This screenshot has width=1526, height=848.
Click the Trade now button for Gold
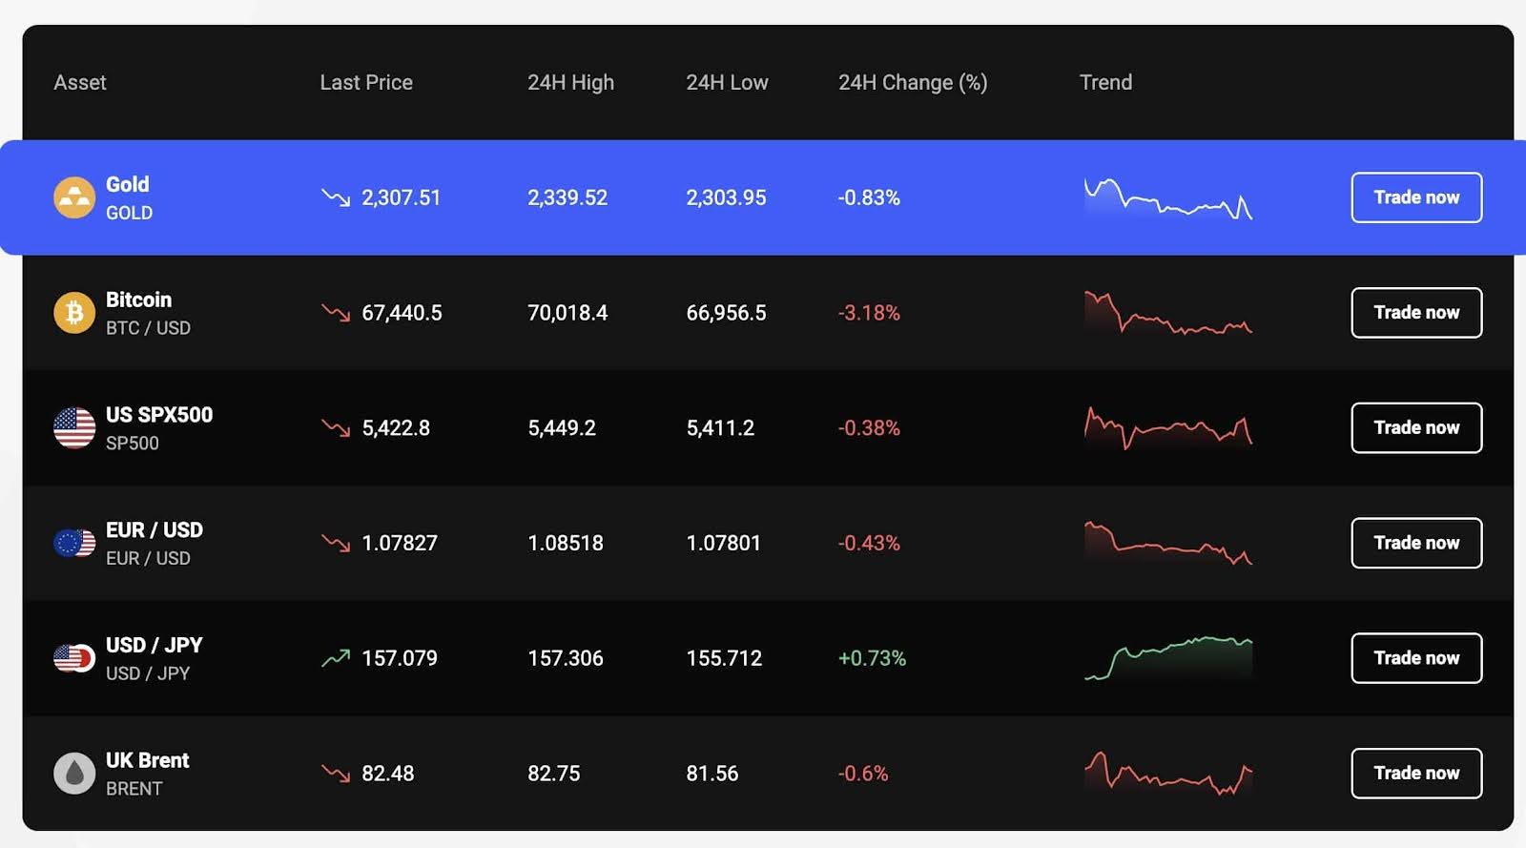click(x=1416, y=197)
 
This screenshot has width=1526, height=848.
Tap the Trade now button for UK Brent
click(x=1416, y=773)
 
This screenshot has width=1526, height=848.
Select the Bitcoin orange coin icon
click(x=74, y=313)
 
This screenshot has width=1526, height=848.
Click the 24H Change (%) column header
click(x=912, y=83)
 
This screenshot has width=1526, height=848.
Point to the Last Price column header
click(x=366, y=83)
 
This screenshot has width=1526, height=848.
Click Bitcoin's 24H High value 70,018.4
click(x=567, y=313)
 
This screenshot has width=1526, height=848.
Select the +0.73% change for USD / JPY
click(x=872, y=658)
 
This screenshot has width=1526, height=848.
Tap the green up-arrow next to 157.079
click(x=336, y=658)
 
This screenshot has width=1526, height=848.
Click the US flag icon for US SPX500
click(x=74, y=427)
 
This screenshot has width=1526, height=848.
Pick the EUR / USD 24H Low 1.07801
click(x=723, y=543)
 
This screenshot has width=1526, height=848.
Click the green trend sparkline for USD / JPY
click(x=1168, y=657)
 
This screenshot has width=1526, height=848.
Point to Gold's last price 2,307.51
click(x=401, y=197)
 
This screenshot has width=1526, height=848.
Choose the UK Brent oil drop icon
click(x=74, y=774)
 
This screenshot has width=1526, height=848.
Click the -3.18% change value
click(x=869, y=313)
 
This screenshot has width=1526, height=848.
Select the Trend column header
click(x=1105, y=83)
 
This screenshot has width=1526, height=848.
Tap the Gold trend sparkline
click(x=1168, y=198)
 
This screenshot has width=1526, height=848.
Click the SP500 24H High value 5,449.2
click(x=562, y=428)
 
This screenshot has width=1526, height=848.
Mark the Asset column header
click(x=80, y=83)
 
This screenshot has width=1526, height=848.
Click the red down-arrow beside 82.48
click(x=336, y=773)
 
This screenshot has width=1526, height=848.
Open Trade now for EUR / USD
click(x=1416, y=543)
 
